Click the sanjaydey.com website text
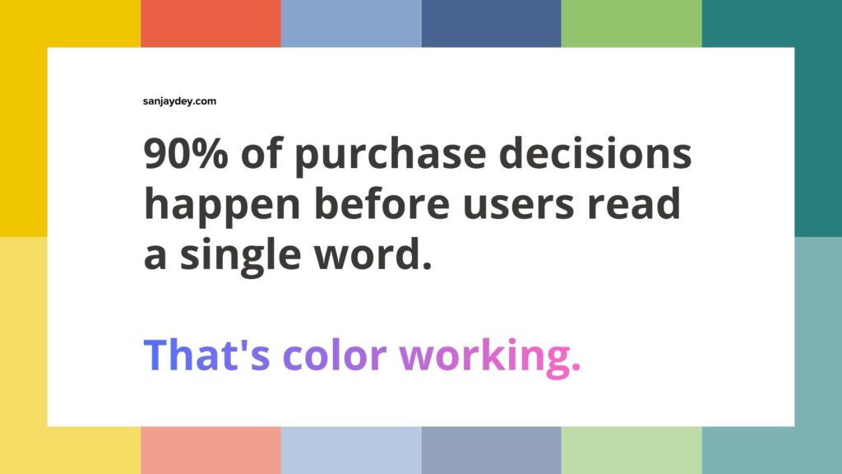click(179, 101)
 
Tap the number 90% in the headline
click(183, 154)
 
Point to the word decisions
click(604, 154)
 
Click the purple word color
click(334, 355)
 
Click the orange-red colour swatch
click(210, 23)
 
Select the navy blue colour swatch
click(491, 23)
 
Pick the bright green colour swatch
click(631, 23)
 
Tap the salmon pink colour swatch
click(210, 450)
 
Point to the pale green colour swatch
click(631, 450)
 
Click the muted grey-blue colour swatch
click(491, 450)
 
